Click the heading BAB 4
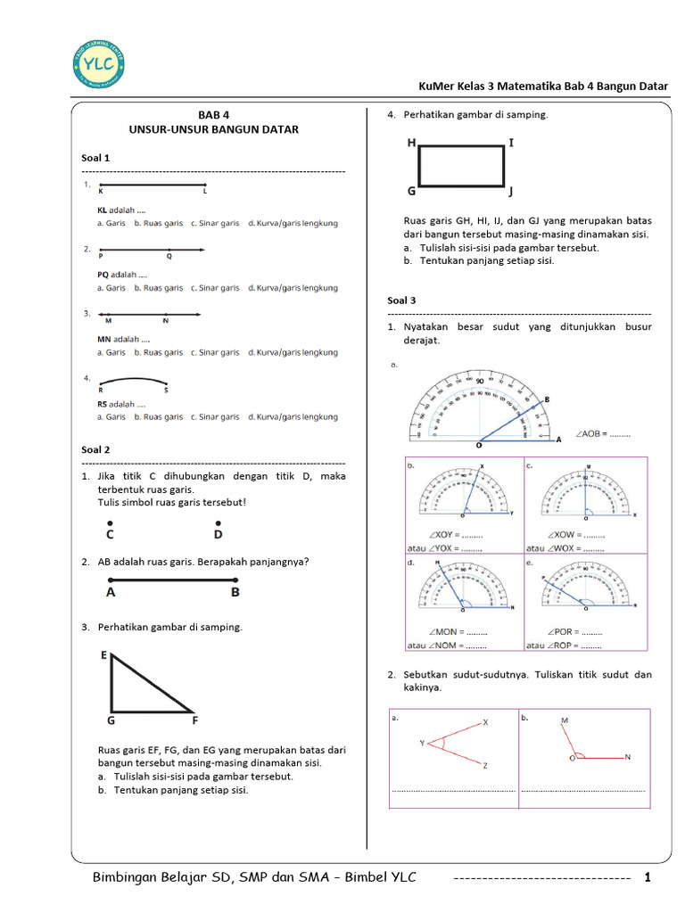[213, 115]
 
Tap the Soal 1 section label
[95, 158]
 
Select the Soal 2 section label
[95, 450]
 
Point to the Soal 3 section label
[401, 300]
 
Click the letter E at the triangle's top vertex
[103, 655]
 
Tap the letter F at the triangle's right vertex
[194, 720]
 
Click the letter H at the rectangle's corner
[411, 143]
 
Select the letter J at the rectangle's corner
[511, 192]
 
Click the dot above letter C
[109, 522]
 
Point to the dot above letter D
[218, 522]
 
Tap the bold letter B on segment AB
[235, 591]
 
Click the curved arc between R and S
[134, 378]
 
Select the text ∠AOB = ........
[590, 434]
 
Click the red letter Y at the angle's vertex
[422, 743]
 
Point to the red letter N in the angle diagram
[627, 757]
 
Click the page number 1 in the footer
[648, 878]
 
